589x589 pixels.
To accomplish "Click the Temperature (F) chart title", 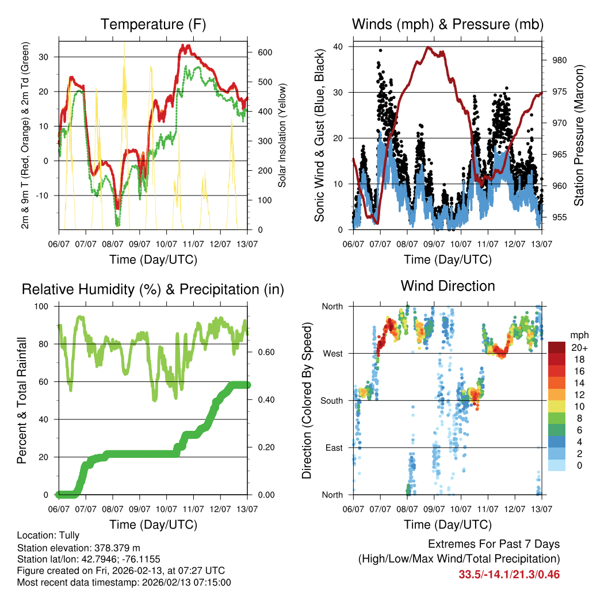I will [x=153, y=25].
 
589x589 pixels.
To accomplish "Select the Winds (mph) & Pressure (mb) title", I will [x=448, y=25].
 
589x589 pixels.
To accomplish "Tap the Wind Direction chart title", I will [x=448, y=286].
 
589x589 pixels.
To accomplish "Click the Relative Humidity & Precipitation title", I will [x=153, y=289].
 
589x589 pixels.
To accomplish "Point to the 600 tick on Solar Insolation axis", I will [x=256, y=52].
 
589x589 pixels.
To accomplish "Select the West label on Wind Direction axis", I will [x=332, y=353].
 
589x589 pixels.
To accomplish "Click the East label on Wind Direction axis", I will [x=333, y=448].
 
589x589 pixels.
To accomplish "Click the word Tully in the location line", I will [x=68, y=535].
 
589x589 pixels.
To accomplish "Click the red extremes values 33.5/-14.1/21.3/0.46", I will [x=509, y=574].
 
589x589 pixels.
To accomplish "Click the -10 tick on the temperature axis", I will [x=44, y=196].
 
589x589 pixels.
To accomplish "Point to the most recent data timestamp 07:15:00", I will [x=213, y=583].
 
